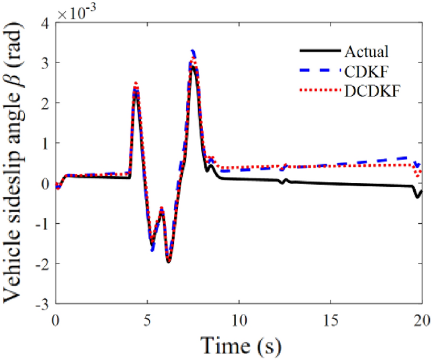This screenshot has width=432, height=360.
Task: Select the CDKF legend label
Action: pyautogui.click(x=365, y=71)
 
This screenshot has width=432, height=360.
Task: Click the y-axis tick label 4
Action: pyautogui.click(x=44, y=23)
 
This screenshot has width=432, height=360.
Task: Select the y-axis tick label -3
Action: pyautogui.click(x=42, y=305)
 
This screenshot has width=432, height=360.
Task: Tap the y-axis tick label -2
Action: pyautogui.click(x=42, y=264)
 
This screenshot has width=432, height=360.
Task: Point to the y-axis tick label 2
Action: pyautogui.click(x=44, y=103)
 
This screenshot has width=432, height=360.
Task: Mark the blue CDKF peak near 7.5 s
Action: pyautogui.click(x=194, y=51)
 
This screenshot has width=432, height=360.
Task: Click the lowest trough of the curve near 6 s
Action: pyautogui.click(x=168, y=262)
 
